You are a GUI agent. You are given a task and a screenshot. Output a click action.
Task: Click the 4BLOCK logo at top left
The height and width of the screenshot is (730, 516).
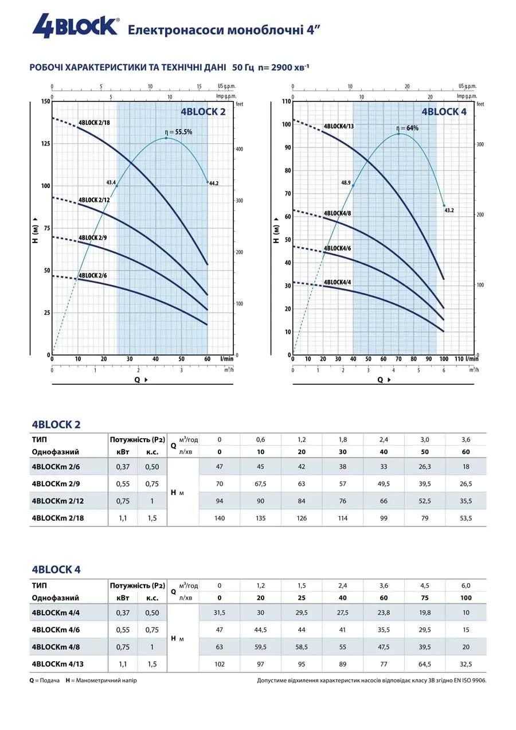click(75, 26)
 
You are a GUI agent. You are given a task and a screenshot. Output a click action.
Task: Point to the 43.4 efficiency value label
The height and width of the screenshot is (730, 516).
click(111, 182)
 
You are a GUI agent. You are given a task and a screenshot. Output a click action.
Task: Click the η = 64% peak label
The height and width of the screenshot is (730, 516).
click(408, 128)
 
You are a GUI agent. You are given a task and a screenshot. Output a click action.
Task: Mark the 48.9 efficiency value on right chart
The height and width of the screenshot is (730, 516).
click(346, 182)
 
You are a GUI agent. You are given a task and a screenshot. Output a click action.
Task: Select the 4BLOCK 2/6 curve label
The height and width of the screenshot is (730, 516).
click(93, 276)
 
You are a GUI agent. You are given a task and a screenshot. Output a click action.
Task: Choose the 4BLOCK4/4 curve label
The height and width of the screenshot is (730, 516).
click(338, 282)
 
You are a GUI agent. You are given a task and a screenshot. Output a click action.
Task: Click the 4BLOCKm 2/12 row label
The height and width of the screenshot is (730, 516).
click(58, 501)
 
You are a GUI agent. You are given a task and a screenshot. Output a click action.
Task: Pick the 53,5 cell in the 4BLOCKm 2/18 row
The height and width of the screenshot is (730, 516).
click(466, 518)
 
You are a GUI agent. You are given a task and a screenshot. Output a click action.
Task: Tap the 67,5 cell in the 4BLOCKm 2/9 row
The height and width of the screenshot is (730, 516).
click(260, 483)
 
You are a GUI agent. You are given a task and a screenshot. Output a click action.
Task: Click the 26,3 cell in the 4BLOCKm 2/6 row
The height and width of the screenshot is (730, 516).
click(425, 466)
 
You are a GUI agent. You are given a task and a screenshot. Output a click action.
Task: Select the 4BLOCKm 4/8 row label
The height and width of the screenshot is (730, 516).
click(56, 647)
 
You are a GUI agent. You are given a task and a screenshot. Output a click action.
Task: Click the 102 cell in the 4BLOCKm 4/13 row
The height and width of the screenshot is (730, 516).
click(219, 664)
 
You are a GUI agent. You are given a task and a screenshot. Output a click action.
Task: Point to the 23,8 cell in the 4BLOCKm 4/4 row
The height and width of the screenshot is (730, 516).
click(384, 612)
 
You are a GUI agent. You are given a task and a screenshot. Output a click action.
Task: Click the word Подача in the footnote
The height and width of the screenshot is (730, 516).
click(50, 680)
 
